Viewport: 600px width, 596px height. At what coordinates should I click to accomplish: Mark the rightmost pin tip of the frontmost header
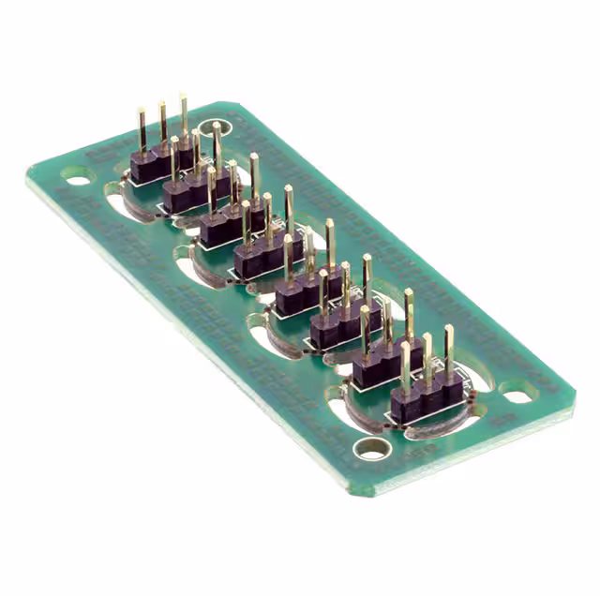tap(448, 329)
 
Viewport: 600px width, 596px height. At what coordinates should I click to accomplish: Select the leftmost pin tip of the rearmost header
tap(142, 112)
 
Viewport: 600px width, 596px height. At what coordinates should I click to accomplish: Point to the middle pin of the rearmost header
tap(162, 122)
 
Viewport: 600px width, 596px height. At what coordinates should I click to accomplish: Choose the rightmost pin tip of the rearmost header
tap(183, 97)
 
